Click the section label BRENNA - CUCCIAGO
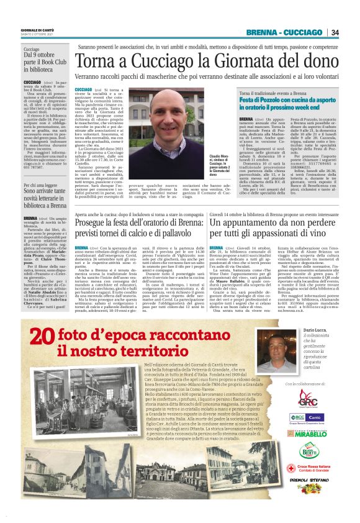click(284, 32)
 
